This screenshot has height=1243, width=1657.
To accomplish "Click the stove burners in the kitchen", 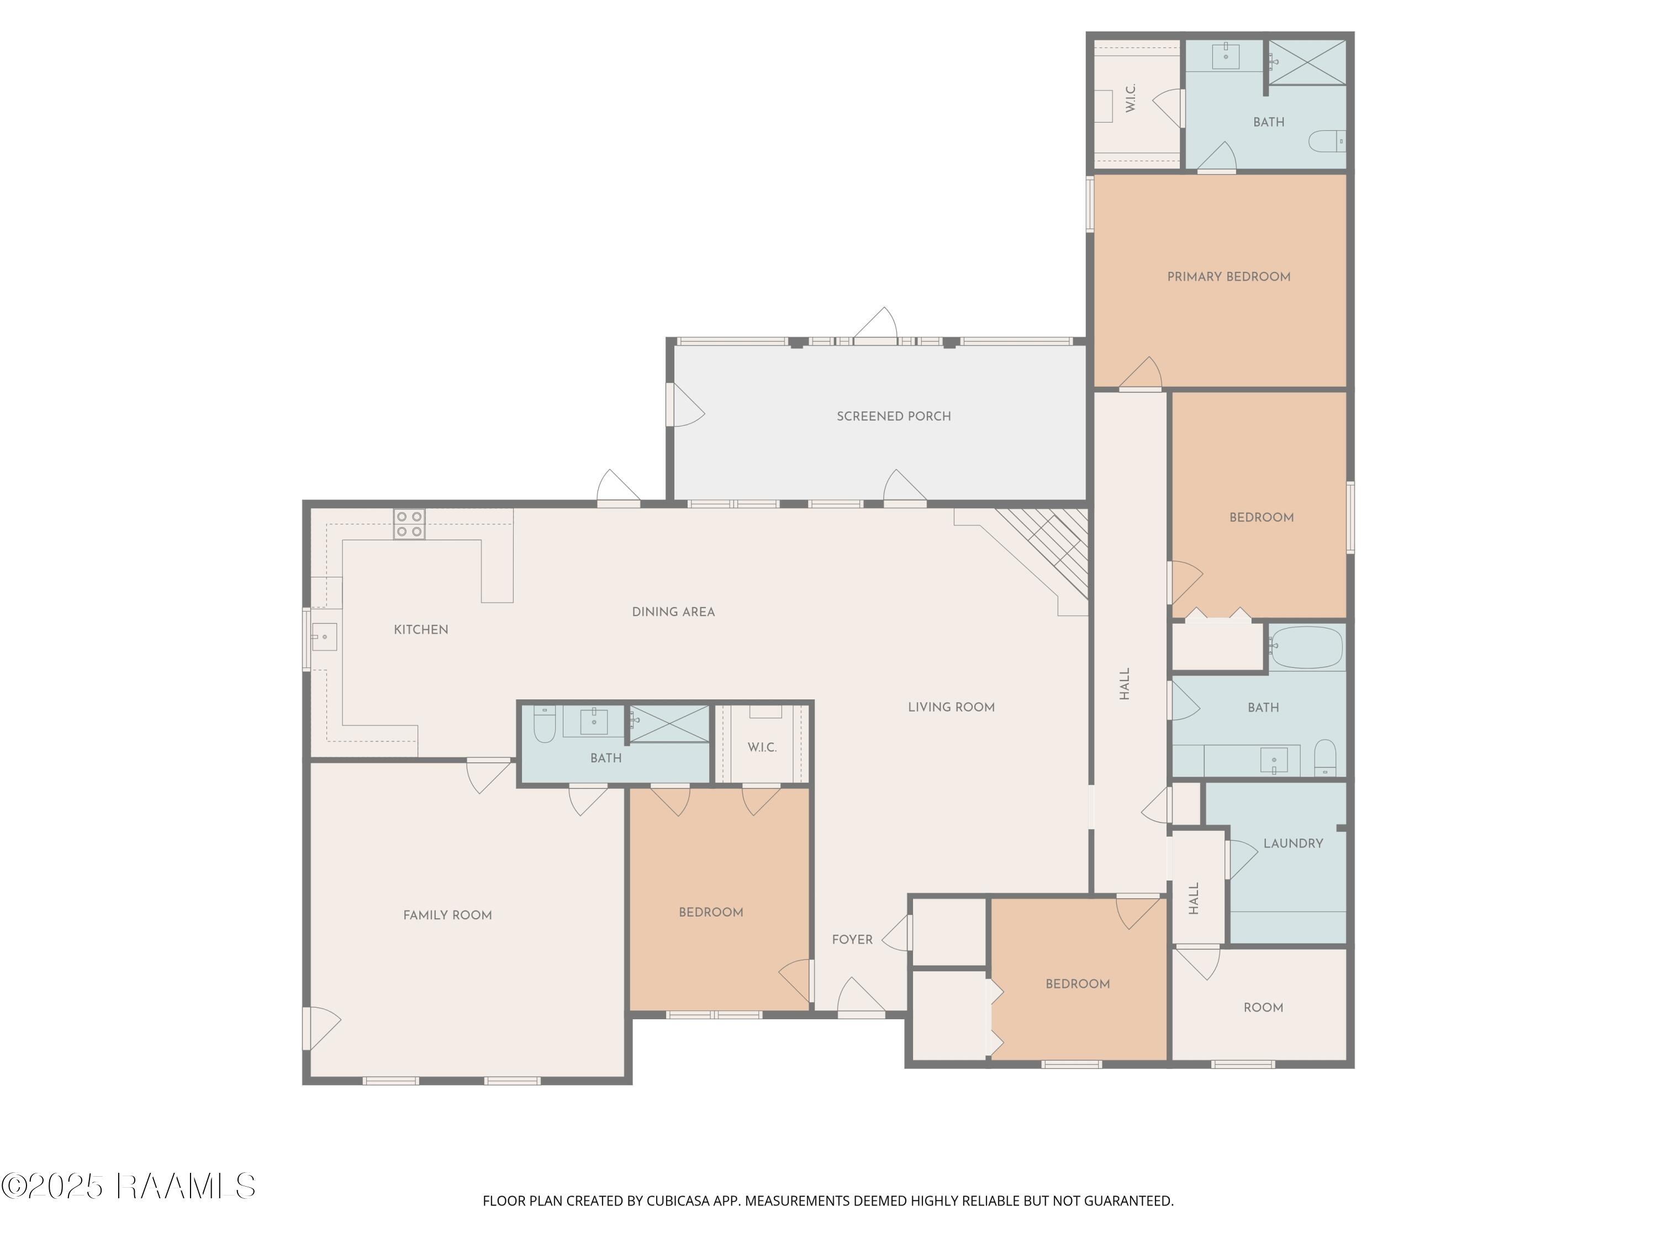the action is [x=409, y=524].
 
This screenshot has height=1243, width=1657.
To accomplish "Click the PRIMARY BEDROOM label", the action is [x=1228, y=276].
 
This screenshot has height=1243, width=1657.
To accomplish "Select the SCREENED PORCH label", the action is [x=894, y=416].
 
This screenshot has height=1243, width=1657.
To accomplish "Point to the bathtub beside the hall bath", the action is [x=1306, y=648].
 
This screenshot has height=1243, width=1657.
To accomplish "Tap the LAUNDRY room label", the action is [x=1293, y=843].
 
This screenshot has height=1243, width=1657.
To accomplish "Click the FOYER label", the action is [x=852, y=940].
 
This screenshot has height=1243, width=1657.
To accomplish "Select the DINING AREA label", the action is [x=673, y=612].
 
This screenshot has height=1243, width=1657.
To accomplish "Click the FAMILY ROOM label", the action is [x=447, y=915].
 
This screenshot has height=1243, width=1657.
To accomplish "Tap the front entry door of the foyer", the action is [x=862, y=997].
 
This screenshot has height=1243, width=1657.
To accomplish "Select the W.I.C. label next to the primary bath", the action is [x=1131, y=98].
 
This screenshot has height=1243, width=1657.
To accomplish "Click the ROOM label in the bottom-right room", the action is [x=1263, y=1008].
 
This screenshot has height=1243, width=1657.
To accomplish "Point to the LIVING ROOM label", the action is [x=951, y=707].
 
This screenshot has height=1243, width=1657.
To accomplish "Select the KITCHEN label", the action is [x=421, y=629].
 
